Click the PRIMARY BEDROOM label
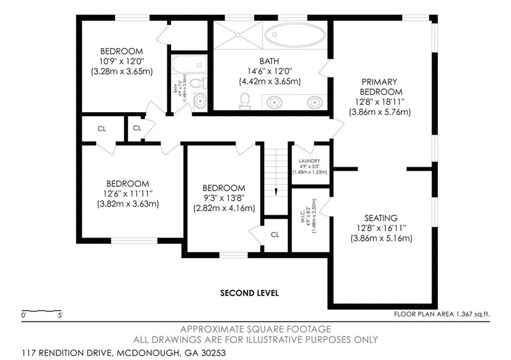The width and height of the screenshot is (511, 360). (x=379, y=87)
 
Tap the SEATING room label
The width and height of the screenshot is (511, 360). (x=381, y=218)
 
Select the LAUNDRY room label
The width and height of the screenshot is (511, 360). (x=309, y=161)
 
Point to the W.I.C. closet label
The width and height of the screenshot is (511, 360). (x=303, y=216)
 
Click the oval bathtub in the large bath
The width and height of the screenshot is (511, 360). (x=295, y=34)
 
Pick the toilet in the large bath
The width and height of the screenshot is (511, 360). (x=245, y=101)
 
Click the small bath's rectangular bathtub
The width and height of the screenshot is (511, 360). (x=189, y=64)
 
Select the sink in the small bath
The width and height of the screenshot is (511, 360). (x=200, y=101)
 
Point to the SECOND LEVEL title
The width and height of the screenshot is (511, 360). (x=250, y=293)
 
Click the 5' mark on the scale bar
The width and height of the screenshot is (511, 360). (x=60, y=315)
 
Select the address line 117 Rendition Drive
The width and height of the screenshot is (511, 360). (x=124, y=353)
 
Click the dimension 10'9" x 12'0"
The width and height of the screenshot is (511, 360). (x=122, y=61)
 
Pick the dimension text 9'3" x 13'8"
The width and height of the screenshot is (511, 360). (x=223, y=197)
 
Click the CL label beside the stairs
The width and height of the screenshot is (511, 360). (x=275, y=234)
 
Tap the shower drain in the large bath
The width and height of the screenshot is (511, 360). (x=238, y=34)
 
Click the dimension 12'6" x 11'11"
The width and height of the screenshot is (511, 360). (x=128, y=193)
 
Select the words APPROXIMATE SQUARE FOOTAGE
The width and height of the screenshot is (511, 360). (x=255, y=329)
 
